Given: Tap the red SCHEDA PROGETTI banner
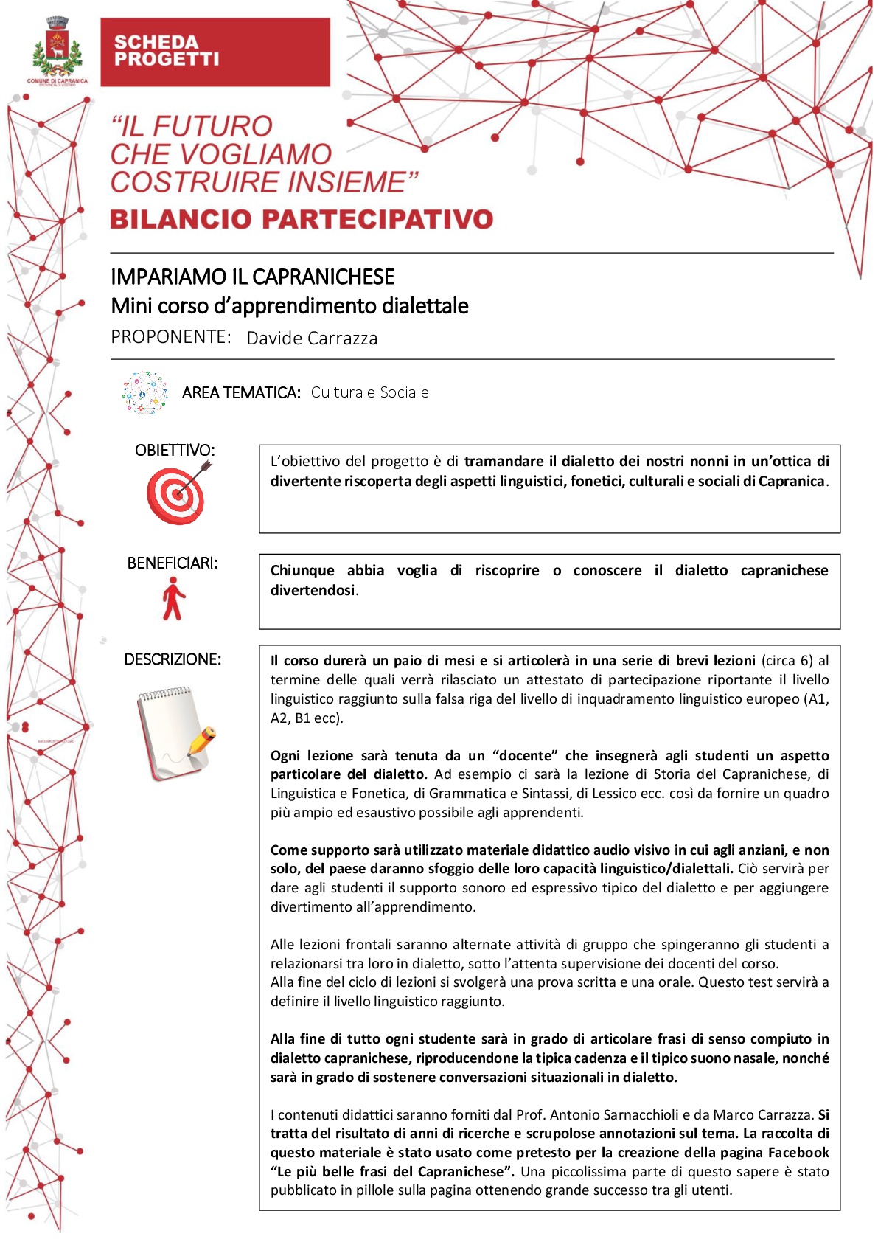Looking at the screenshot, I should point(215,52).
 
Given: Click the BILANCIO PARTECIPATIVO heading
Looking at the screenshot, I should point(302,219).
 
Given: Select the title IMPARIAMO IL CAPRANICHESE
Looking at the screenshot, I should point(252,277).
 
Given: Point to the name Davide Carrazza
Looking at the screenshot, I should point(312,339).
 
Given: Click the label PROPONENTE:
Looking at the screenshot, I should point(170,337).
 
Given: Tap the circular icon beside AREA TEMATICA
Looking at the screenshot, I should point(145,392).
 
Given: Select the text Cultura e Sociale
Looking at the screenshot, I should point(369,392).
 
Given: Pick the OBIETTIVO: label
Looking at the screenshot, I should point(175,450).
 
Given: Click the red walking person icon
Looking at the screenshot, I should point(173,599).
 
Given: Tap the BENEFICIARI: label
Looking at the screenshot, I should point(173,563).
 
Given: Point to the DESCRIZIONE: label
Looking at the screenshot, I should point(173,659).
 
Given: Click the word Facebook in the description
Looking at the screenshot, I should point(798,1153).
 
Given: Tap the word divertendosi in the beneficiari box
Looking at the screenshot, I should point(313,591).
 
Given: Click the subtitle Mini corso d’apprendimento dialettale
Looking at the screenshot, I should point(290,306).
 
